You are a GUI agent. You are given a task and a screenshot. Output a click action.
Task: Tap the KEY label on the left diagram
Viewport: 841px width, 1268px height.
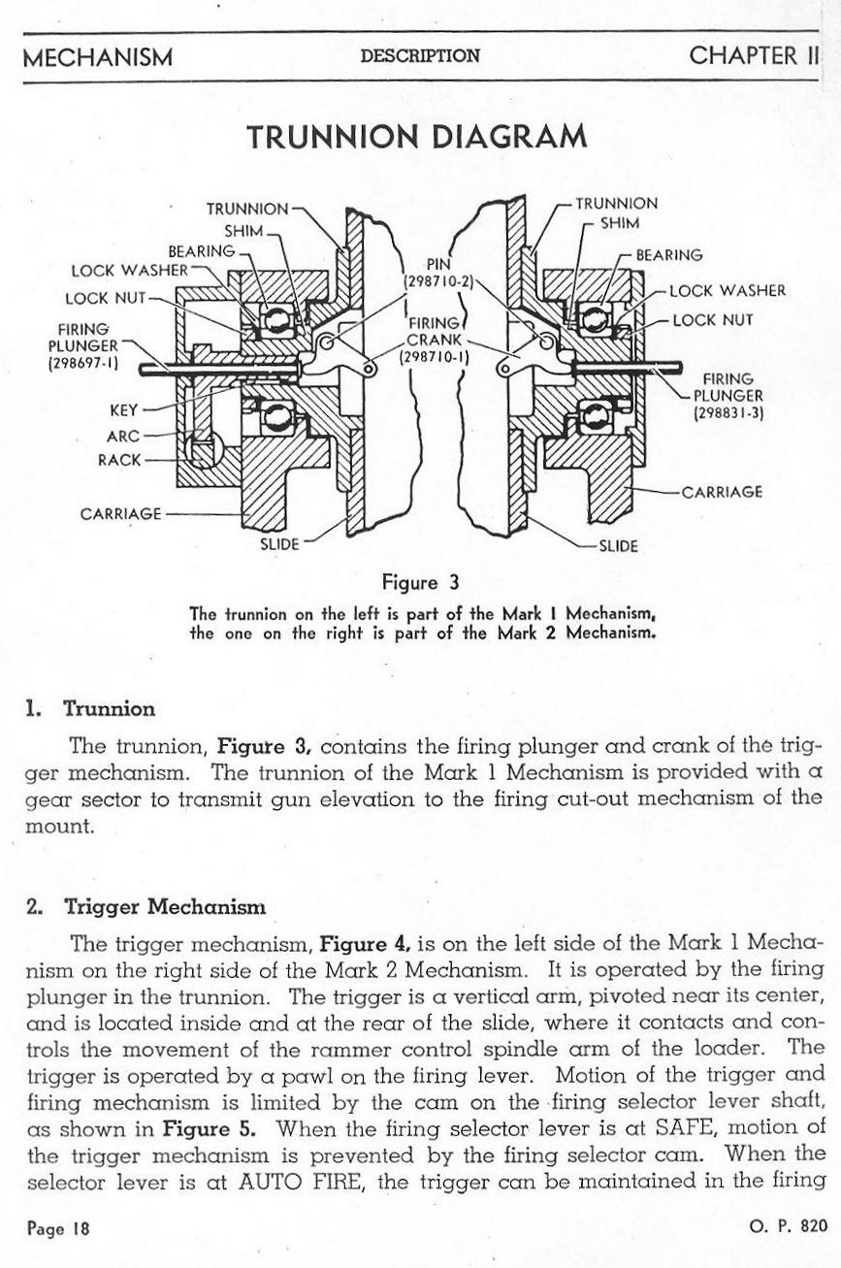126,409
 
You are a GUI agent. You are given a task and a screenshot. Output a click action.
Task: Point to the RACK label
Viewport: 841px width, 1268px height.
120,459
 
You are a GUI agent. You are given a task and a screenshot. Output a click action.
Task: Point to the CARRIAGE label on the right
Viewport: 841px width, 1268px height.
722,491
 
